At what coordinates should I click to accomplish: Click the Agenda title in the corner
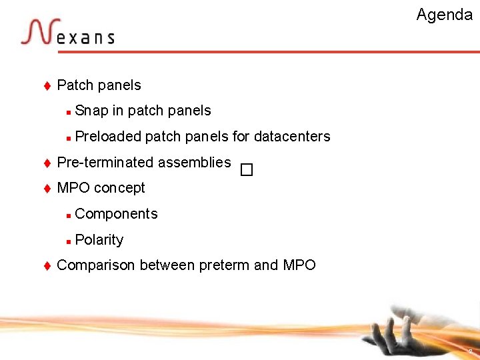click(444, 15)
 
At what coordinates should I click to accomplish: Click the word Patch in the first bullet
click(75, 85)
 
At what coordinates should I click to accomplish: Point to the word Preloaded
click(108, 137)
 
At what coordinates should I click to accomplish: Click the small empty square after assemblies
click(247, 170)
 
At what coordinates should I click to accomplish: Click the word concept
click(119, 188)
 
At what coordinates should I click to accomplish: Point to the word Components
click(117, 214)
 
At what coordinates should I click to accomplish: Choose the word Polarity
click(99, 240)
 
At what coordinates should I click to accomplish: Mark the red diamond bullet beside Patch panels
click(47, 85)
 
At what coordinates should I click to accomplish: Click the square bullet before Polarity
click(69, 241)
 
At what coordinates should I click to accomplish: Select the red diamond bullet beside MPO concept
click(47, 189)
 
